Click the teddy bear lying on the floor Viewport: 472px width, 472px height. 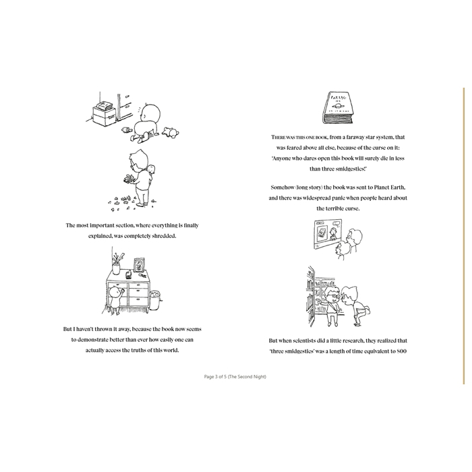(x=171, y=132)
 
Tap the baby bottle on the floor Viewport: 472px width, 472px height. (x=127, y=130)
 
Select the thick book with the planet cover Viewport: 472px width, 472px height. (x=337, y=107)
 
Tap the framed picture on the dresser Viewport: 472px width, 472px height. (x=140, y=265)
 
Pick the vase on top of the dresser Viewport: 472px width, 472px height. (x=116, y=268)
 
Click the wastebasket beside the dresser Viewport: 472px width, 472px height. (x=154, y=300)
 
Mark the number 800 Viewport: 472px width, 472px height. (x=402, y=351)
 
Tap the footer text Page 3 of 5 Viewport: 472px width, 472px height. (x=216, y=376)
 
